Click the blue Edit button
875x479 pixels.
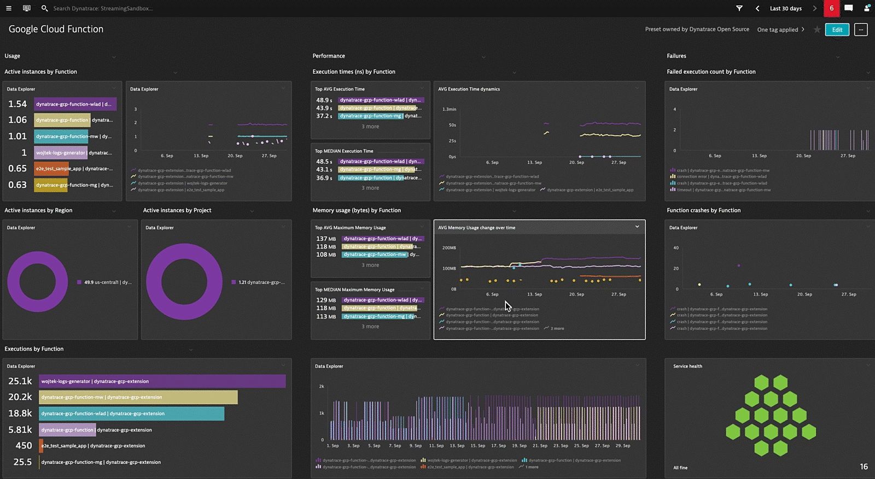tap(837, 29)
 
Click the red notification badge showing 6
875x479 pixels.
tap(831, 8)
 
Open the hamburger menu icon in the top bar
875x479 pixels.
tap(8, 8)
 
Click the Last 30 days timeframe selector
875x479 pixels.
tap(785, 8)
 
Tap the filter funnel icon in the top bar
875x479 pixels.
tap(739, 8)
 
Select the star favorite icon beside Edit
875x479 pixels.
tap(817, 29)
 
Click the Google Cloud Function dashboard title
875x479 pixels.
tap(56, 29)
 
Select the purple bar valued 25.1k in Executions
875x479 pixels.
tap(162, 381)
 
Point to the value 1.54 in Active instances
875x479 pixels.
tap(17, 104)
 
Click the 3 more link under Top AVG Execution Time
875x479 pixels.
tap(370, 126)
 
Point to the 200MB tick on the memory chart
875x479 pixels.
tap(448, 248)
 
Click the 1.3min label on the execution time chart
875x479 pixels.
tap(449, 109)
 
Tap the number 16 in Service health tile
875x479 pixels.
tap(864, 466)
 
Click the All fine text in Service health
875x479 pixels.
tap(680, 468)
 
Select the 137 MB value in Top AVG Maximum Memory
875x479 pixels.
tap(326, 239)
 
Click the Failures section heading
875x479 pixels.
tap(676, 56)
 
